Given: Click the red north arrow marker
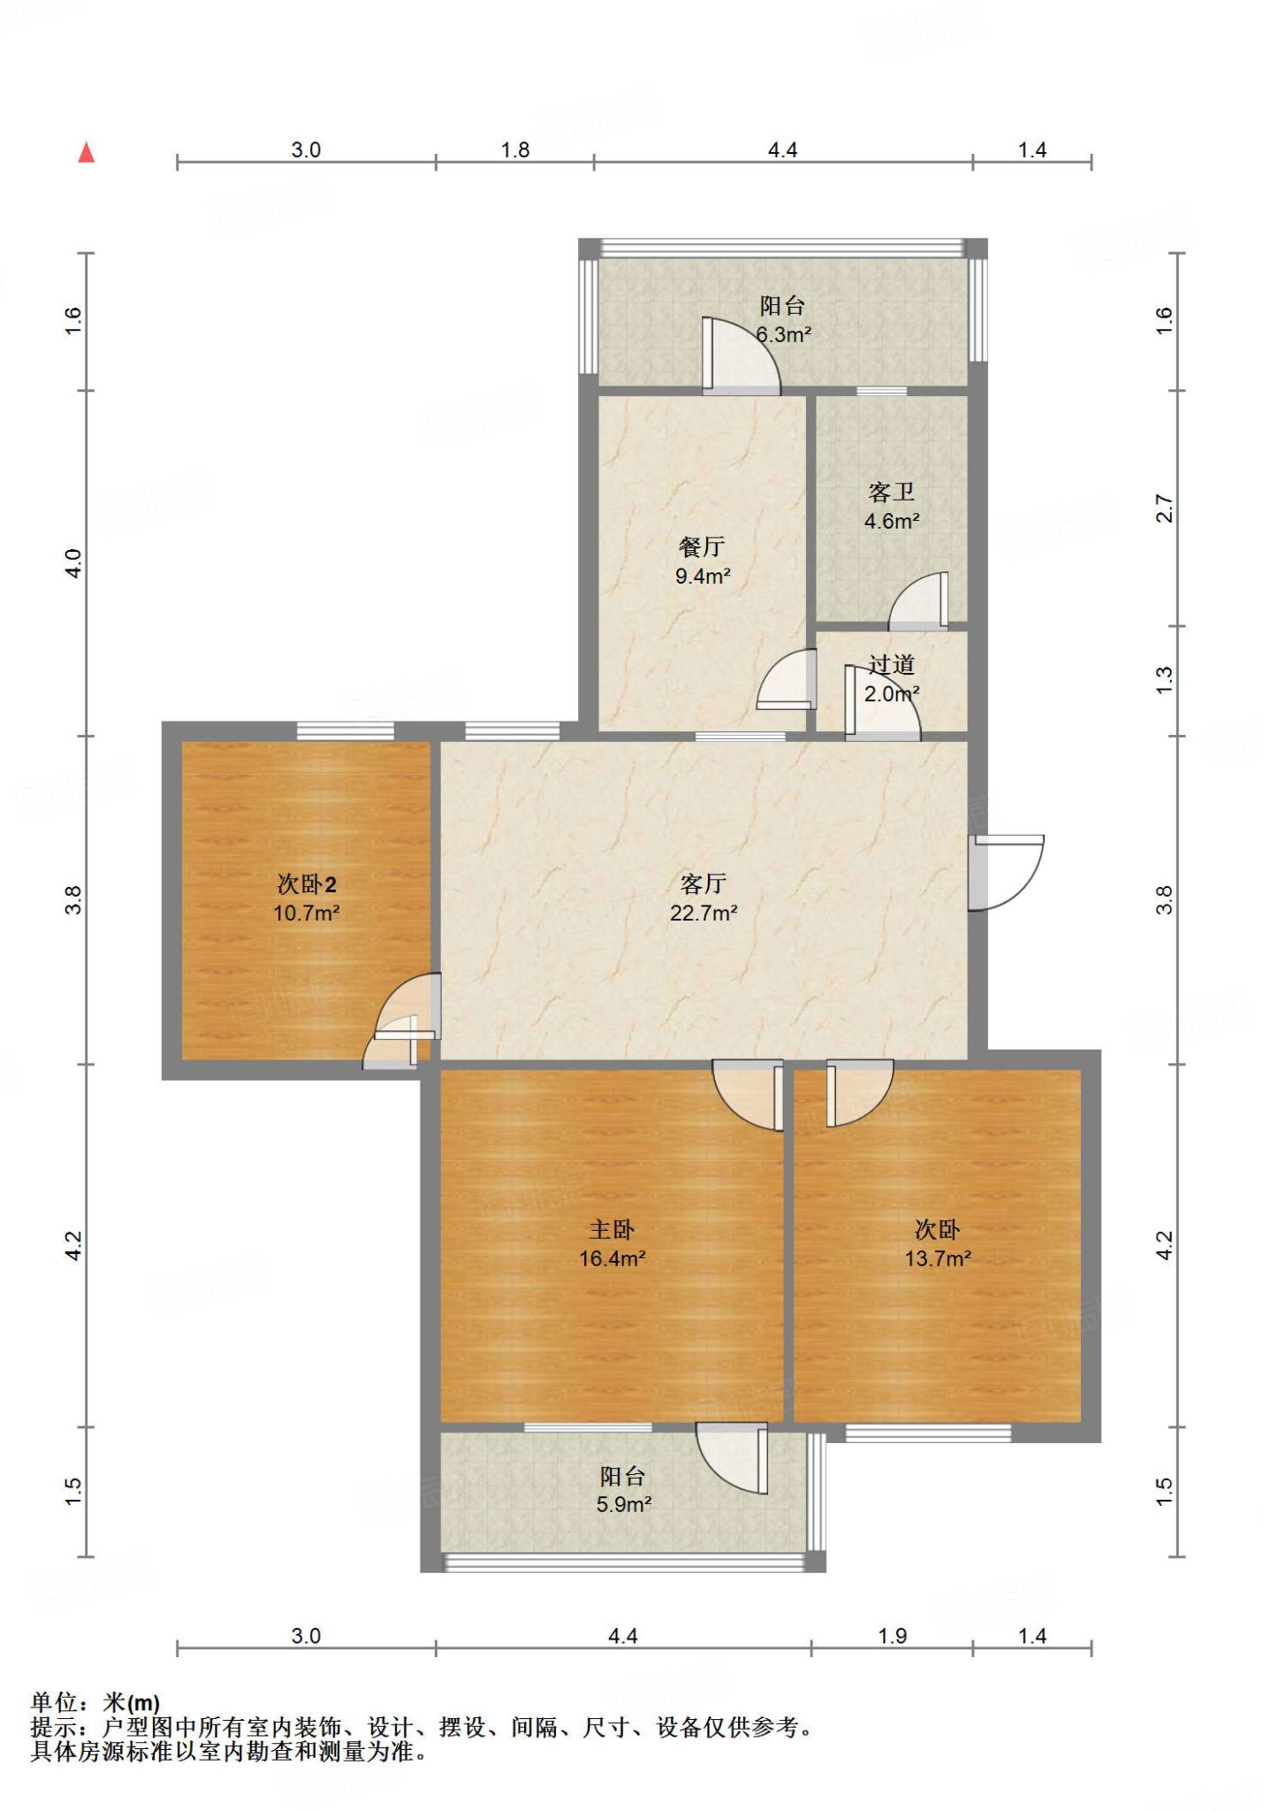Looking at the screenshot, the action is pos(86,152).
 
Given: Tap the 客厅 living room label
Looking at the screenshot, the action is pos(704,883).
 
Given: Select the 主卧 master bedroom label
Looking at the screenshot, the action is pos(612,1229).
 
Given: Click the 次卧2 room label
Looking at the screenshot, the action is pos(307,884).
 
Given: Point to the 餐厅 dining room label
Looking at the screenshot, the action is pos(702,546).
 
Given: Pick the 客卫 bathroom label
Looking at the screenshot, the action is pos(891,492).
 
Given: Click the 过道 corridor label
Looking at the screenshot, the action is pos(891,665).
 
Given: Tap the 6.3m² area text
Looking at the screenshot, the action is pos(784,334).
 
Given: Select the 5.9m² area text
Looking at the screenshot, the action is pos(624,1504).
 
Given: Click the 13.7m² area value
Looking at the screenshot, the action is pos(938,1257).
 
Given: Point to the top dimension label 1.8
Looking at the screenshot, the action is pos(515,149).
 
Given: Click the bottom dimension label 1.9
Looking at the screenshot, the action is pos(893,1636).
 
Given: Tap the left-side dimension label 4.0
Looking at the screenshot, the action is pos(74,563).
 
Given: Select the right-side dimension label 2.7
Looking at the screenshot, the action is pos(1165,508).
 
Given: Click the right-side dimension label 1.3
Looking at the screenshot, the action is pos(1165,678).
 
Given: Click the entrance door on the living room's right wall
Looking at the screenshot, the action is pos(1006,872).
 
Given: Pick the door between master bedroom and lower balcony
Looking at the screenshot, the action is pos(732,1458).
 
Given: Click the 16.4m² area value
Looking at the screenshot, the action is pos(612,1257).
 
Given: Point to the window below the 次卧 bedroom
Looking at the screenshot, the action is pos(928,1433).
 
